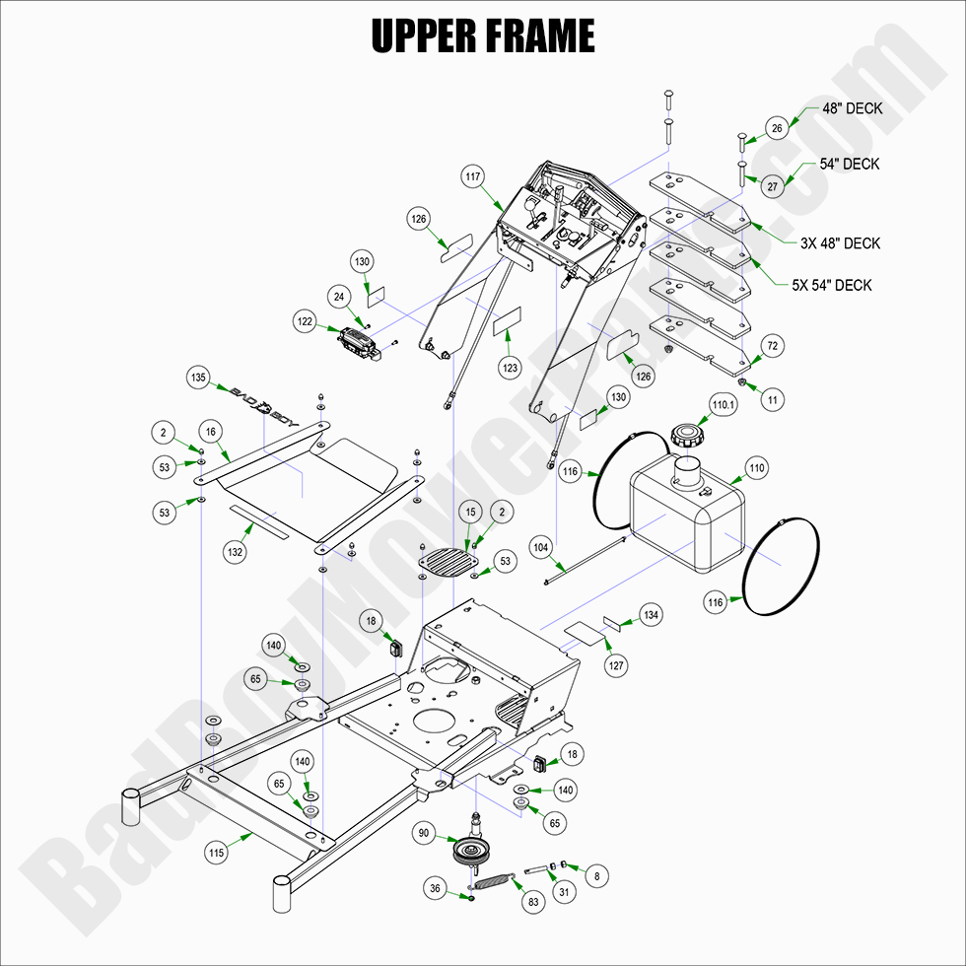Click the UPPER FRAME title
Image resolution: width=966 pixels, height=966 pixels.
click(x=482, y=36)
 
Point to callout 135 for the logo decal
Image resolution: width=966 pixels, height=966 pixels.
click(x=199, y=378)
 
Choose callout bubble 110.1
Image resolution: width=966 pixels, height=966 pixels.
click(x=724, y=404)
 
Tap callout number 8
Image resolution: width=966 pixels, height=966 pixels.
click(x=594, y=873)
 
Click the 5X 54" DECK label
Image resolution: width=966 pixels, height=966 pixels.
click(x=831, y=286)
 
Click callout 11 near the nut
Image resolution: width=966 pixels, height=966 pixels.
click(x=773, y=400)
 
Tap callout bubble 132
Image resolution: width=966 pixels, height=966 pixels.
click(x=235, y=553)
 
